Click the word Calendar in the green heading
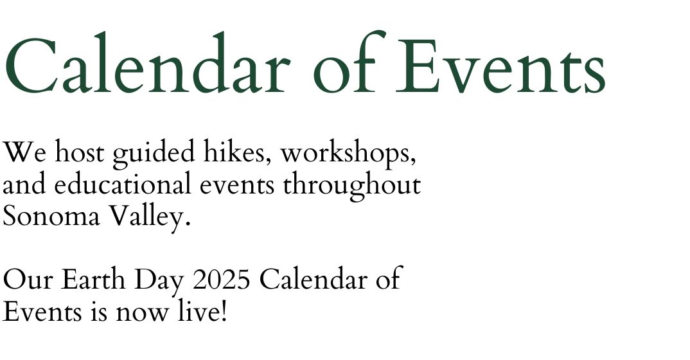147,63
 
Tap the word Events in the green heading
500,66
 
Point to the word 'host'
80,151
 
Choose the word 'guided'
154,154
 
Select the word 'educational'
123,183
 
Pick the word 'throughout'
351,185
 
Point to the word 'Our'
27,280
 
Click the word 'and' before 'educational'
24,183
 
